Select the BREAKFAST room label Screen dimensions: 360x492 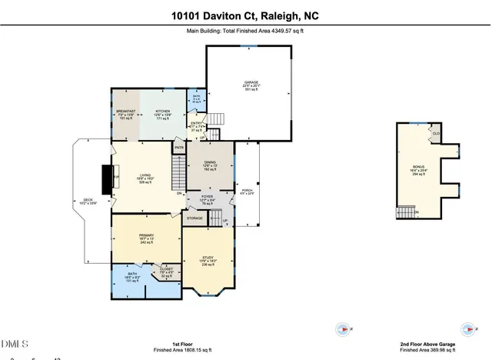point(125,111)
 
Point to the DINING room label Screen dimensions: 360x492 point(210,162)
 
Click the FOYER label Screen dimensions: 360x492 point(207,197)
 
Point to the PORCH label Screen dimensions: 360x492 point(247,190)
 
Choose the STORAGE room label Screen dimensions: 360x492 point(194,218)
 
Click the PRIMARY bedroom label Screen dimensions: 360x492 point(146,235)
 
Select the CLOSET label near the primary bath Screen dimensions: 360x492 point(166,269)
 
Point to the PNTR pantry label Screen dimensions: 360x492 point(179,147)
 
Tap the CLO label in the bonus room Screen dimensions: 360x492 point(435,133)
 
